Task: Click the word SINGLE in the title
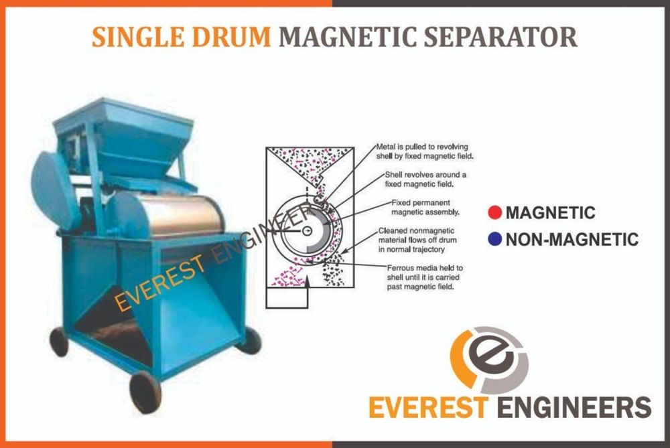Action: [139, 37]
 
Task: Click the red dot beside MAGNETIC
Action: [494, 212]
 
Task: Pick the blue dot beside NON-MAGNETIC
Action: [494, 239]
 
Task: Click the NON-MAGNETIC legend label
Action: [572, 239]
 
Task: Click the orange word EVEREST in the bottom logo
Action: [427, 407]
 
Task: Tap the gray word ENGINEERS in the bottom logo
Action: [574, 407]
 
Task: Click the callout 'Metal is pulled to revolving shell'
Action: [425, 151]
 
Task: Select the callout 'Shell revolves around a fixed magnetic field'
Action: [425, 179]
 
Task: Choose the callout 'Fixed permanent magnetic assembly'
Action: [425, 208]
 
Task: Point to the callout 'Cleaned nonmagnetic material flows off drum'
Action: [417, 240]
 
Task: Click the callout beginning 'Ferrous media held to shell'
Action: [425, 277]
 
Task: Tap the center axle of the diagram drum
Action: [308, 231]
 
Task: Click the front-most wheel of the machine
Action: [145, 392]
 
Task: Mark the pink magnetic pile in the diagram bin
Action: [287, 276]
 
